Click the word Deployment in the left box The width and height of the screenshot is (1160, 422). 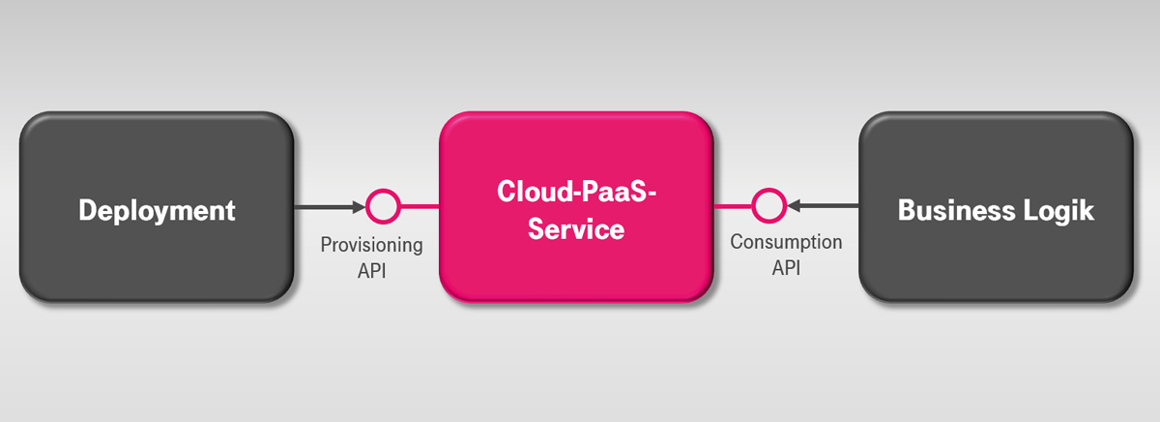(x=157, y=210)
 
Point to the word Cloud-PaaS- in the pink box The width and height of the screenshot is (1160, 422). (x=576, y=191)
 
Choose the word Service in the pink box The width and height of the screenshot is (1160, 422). (x=576, y=230)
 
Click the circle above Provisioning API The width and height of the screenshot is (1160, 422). (x=383, y=206)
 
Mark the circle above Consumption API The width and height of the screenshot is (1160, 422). (x=768, y=206)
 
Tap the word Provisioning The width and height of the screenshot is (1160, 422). (x=372, y=245)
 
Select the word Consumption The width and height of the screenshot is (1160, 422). (x=786, y=242)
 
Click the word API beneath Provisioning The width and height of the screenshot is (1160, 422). (x=372, y=270)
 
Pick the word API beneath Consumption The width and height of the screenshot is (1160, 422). (x=786, y=267)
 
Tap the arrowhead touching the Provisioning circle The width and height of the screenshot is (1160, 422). (x=361, y=206)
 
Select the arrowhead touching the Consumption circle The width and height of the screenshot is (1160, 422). (x=792, y=206)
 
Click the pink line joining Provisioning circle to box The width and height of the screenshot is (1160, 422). (x=419, y=206)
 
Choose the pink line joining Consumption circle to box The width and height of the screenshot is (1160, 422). (x=734, y=206)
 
